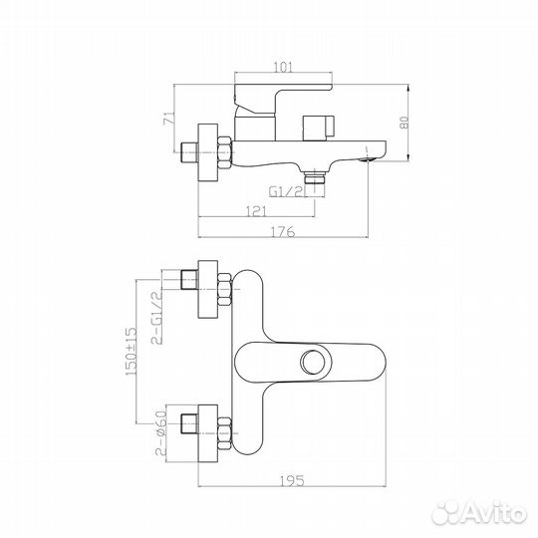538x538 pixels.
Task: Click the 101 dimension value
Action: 283,67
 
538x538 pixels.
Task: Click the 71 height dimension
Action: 168,118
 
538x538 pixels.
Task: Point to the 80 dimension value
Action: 404,123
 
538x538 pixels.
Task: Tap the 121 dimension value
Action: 256,211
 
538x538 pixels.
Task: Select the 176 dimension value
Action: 283,232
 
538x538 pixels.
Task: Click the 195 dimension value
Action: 292,480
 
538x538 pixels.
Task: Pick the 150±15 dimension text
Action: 132,351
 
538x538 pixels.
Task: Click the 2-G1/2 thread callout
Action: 156,318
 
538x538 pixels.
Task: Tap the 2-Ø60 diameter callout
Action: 160,433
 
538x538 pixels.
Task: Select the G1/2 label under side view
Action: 287,191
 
